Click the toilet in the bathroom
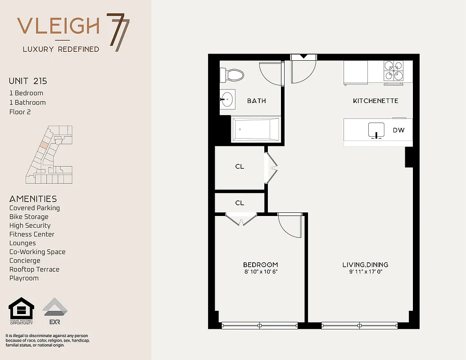(232, 74)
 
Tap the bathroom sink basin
(227, 99)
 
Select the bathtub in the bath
(256, 129)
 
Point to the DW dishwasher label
(398, 130)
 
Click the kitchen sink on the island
(376, 130)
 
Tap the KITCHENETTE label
(376, 101)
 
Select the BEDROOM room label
(260, 265)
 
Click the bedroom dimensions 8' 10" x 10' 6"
(260, 272)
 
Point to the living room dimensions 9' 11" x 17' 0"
(365, 272)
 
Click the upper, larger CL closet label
(240, 166)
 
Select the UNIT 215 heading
(28, 81)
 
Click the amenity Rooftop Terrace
(34, 270)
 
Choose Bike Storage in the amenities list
(29, 217)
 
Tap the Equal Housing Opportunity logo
(22, 311)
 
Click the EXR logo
(55, 311)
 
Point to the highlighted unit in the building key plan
(44, 145)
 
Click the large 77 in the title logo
(118, 32)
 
